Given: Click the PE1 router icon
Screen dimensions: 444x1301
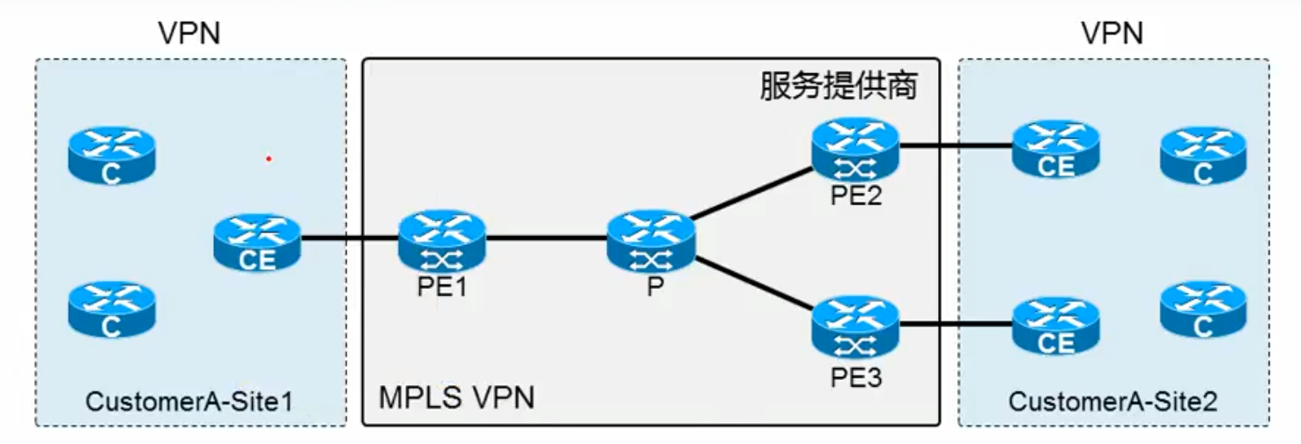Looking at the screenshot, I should [x=441, y=240].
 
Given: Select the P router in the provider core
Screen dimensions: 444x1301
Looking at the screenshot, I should [x=651, y=240].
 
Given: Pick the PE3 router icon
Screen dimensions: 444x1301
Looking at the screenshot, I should [x=855, y=325].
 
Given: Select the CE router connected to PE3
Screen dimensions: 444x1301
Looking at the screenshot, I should [x=1056, y=325].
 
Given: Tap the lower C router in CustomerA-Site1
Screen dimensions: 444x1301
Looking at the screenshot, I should [x=111, y=309].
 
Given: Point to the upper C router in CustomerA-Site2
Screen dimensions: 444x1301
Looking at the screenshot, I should [x=1203, y=155].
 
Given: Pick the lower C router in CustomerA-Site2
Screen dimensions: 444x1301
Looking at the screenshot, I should [x=1203, y=309].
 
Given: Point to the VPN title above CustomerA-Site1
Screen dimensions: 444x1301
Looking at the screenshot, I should [x=188, y=33].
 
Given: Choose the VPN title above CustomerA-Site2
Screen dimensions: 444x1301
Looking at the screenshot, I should [x=1112, y=33].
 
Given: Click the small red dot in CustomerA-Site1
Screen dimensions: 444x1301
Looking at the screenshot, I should [x=269, y=159].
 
